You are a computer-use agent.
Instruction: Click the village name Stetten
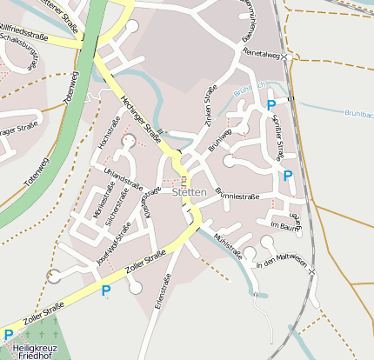point(189,191)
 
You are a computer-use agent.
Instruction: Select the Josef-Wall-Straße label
point(114,243)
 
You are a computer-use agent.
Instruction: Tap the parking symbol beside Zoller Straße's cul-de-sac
point(106,290)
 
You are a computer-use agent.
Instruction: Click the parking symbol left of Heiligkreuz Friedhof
point(9,335)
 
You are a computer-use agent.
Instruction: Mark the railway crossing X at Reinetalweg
point(284,57)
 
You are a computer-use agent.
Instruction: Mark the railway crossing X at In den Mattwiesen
point(311,274)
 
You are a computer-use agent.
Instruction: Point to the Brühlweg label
point(223,136)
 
